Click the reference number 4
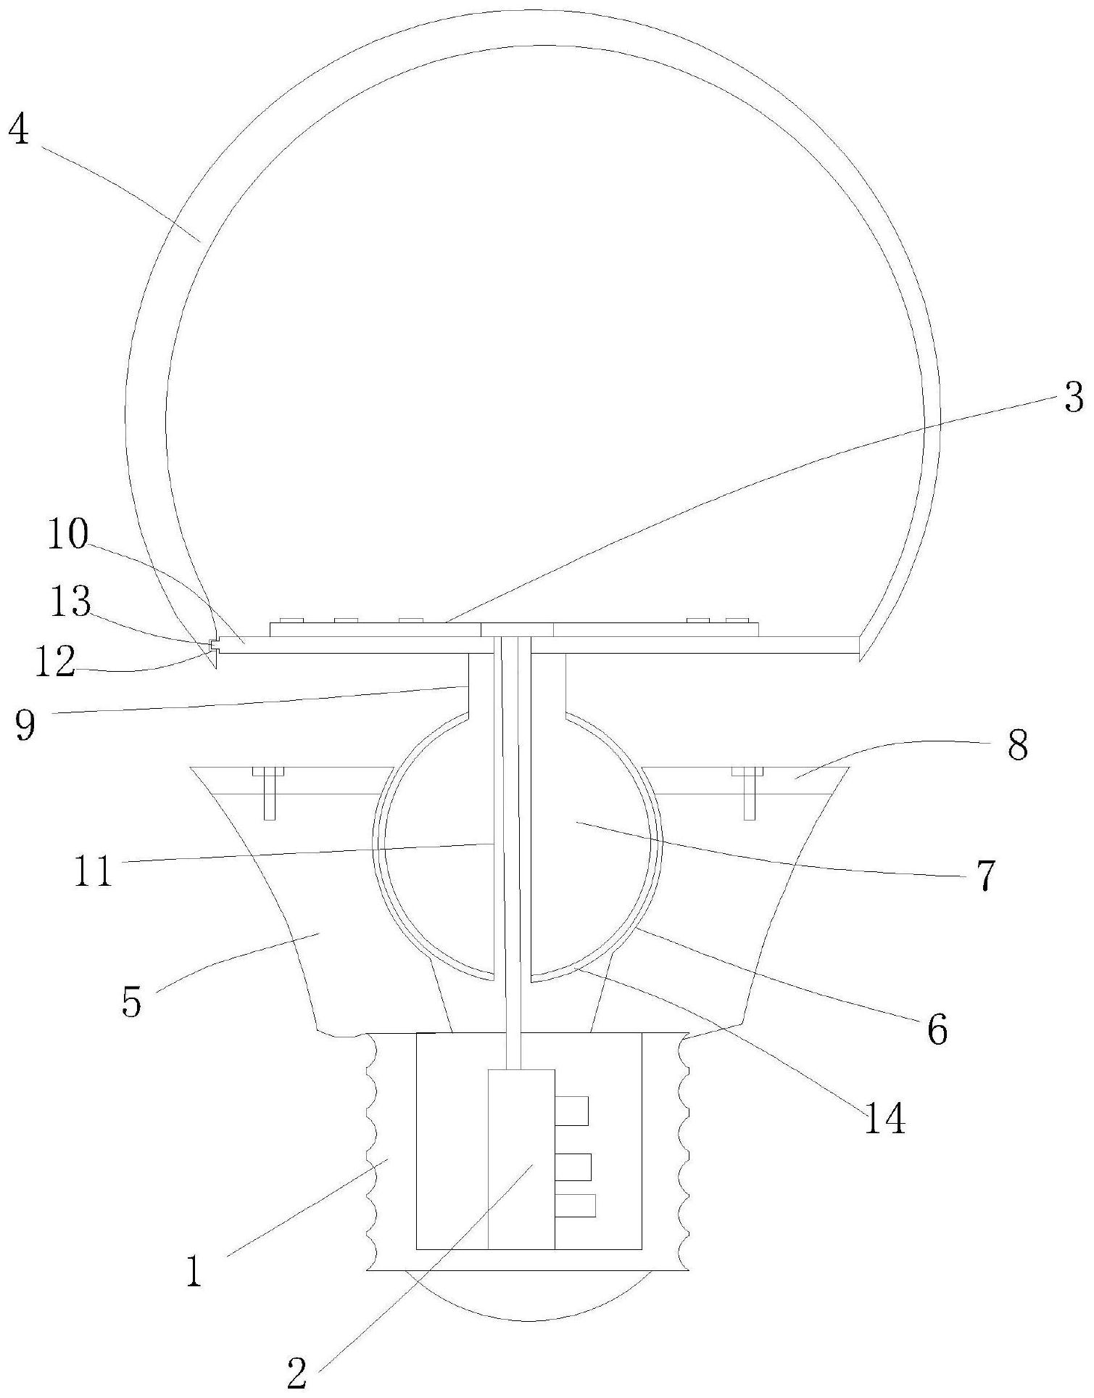(19, 131)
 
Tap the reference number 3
(1074, 398)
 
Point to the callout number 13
(70, 601)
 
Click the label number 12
(54, 661)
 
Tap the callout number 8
(1018, 744)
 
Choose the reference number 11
(94, 871)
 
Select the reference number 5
(131, 1002)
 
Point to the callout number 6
(937, 1028)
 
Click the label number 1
(194, 1270)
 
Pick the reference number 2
(297, 1373)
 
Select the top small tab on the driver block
(571, 1111)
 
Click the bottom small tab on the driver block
(575, 1205)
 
